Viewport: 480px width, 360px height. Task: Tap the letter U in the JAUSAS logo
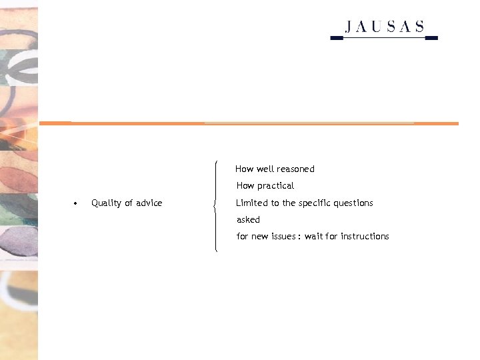tap(378, 27)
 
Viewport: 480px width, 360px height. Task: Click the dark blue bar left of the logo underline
tap(337, 38)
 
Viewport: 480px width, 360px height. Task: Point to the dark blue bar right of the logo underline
tap(431, 38)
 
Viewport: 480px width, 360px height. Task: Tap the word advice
tap(149, 203)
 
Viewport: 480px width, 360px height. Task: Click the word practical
tap(275, 186)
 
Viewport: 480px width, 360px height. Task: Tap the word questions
tap(355, 203)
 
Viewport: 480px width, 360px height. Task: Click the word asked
tap(248, 219)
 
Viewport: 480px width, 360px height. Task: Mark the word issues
tap(282, 236)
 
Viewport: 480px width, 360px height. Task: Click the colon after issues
tap(299, 237)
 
